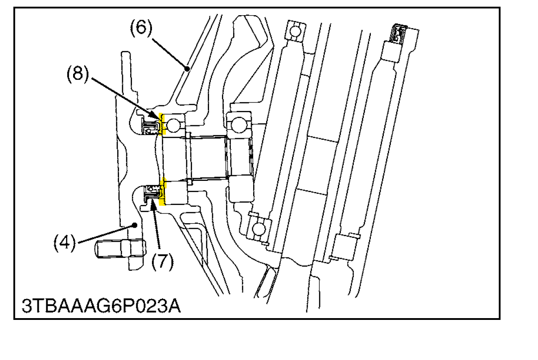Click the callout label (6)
point(141,28)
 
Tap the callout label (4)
point(65,243)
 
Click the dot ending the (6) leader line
point(188,68)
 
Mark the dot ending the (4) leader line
point(135,226)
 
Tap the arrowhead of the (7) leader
point(154,200)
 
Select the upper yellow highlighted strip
point(163,124)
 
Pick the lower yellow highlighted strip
point(163,192)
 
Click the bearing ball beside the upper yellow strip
point(174,125)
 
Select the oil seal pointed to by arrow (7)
point(152,193)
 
